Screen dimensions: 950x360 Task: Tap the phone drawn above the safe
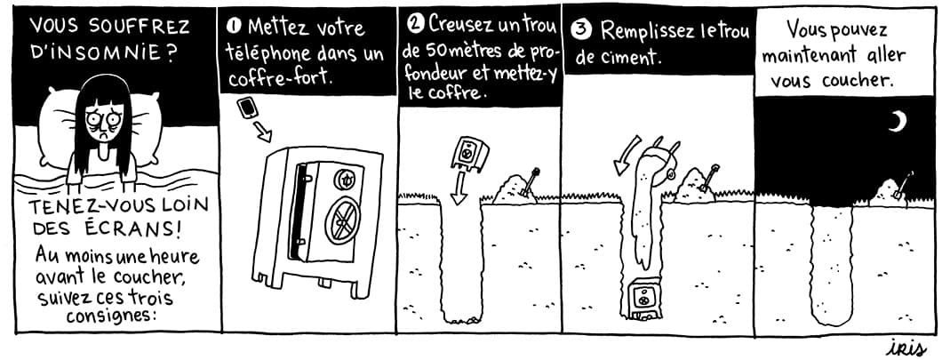(247, 108)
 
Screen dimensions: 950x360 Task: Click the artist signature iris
(906, 348)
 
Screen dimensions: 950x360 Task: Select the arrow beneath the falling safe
(459, 188)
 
